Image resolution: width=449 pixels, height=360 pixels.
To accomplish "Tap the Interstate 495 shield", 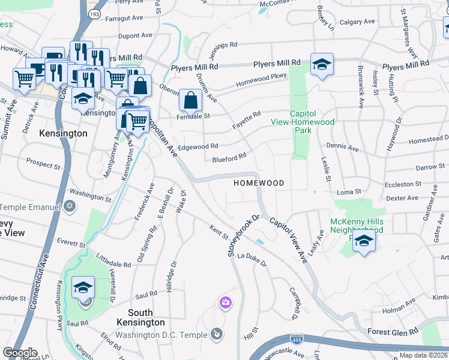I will pyautogui.click(x=296, y=339).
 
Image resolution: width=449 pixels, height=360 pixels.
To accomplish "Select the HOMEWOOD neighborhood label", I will pyautogui.click(x=258, y=182).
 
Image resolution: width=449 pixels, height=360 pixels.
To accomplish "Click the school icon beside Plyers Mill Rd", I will pyautogui.click(x=322, y=65).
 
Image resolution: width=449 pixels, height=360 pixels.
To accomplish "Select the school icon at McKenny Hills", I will pyautogui.click(x=363, y=242).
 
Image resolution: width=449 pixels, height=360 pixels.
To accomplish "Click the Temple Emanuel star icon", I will pyautogui.click(x=70, y=207).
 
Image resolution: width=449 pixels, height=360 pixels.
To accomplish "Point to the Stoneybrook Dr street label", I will pyautogui.click(x=243, y=236).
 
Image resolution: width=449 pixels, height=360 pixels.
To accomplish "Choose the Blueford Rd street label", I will pyautogui.click(x=229, y=158).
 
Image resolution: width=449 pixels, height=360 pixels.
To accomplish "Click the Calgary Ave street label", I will pyautogui.click(x=358, y=22).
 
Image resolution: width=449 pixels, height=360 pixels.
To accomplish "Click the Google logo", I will pyautogui.click(x=20, y=352).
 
